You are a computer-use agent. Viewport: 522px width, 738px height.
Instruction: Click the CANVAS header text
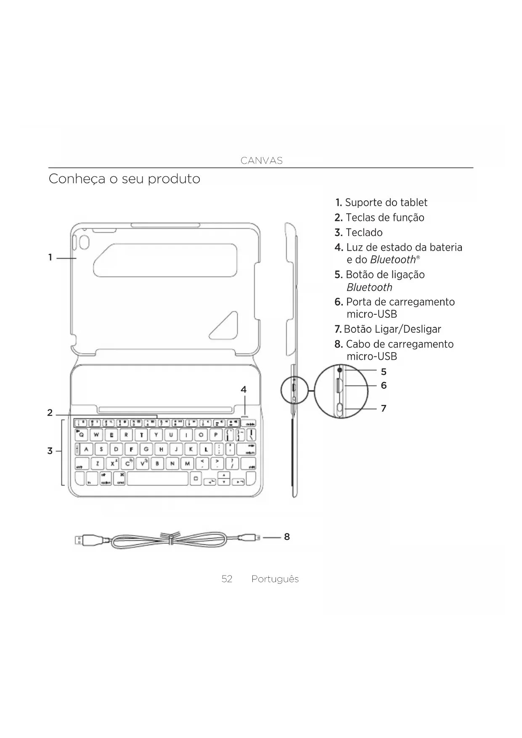click(261, 161)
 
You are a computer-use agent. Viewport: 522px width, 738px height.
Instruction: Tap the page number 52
click(227, 579)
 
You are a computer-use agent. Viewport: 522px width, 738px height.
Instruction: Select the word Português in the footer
click(275, 579)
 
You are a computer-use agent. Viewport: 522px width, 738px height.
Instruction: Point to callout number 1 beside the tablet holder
click(50, 257)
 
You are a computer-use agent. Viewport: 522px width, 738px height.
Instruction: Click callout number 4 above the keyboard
click(244, 390)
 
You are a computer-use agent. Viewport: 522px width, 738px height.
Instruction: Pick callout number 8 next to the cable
click(287, 536)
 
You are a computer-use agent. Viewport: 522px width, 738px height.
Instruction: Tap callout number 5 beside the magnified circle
click(384, 372)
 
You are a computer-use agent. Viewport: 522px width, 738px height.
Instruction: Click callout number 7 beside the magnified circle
click(384, 408)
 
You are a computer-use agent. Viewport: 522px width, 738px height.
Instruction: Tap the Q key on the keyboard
click(81, 435)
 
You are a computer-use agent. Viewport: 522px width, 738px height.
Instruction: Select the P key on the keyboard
click(216, 435)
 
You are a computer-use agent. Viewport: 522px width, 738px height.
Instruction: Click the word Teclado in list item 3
click(364, 233)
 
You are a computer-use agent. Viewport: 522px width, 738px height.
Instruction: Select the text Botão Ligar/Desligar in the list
click(392, 329)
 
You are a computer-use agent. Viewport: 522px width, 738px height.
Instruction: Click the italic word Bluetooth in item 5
click(369, 287)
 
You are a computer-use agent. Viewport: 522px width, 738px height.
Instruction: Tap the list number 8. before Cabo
click(339, 344)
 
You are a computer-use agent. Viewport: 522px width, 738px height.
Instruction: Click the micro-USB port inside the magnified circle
click(339, 386)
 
